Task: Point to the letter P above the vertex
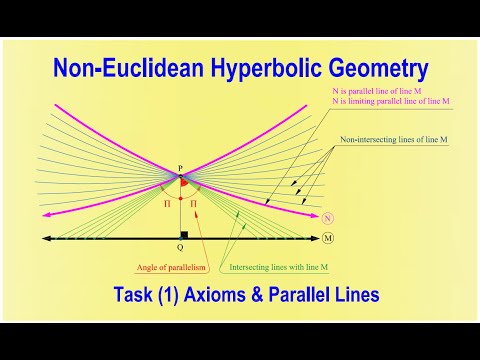pos(180,169)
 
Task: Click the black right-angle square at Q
pos(184,235)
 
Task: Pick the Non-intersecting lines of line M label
pos(384,140)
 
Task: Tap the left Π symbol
pos(167,203)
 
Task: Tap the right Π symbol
pos(193,203)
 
